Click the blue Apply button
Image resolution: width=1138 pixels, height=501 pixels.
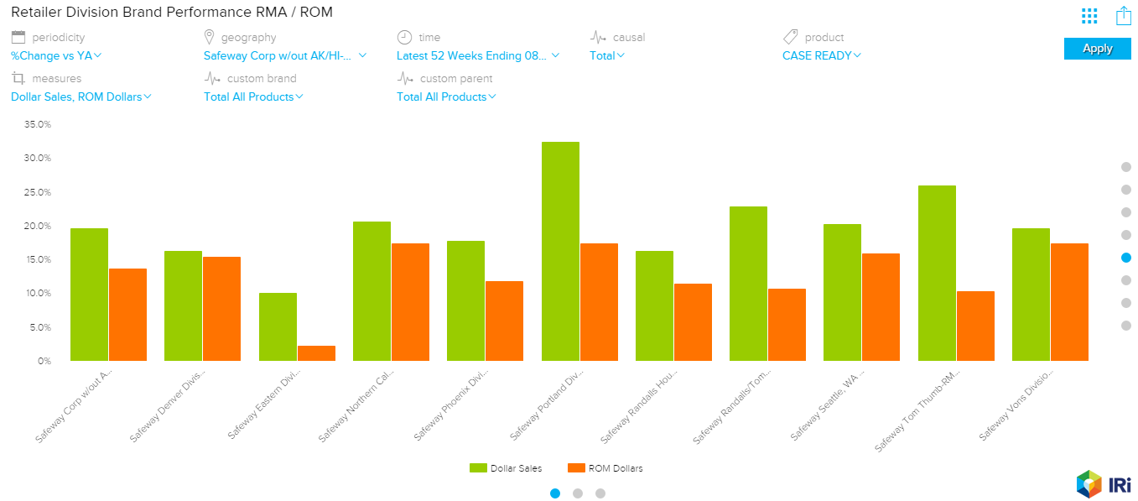tap(1097, 49)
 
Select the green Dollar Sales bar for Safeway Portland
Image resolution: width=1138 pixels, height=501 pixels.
tap(560, 252)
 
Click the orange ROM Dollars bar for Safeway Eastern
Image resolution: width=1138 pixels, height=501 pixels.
tap(316, 353)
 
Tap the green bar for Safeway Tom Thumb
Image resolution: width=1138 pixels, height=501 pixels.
tap(937, 273)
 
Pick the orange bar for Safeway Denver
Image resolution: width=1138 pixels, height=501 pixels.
tap(221, 309)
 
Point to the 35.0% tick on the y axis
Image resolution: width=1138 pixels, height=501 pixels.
tap(38, 124)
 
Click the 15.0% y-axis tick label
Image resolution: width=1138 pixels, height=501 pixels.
tap(38, 259)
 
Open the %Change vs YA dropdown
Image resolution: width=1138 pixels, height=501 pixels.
tap(56, 56)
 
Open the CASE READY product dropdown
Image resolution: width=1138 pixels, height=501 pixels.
tap(821, 56)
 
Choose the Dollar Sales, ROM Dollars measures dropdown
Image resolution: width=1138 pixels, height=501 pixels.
tap(81, 97)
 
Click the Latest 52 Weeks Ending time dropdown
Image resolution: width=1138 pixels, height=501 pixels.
tap(477, 56)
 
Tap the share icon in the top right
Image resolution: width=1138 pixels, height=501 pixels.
tap(1124, 15)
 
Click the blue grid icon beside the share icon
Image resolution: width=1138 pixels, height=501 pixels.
tap(1089, 16)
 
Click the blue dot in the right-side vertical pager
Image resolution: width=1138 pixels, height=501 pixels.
tap(1126, 258)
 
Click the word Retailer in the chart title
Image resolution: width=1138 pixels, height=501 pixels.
tap(37, 13)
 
